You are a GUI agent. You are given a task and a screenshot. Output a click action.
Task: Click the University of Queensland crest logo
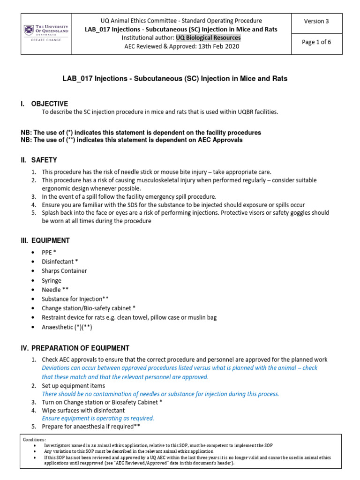click(29, 30)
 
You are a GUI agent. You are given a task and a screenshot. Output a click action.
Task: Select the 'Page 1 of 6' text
click(316, 42)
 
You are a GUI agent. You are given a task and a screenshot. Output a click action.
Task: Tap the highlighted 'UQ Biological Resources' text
click(208, 37)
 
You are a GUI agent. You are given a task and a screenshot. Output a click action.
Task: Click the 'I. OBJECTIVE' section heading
click(45, 104)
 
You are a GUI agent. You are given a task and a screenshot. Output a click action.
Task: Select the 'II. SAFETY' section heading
click(38, 160)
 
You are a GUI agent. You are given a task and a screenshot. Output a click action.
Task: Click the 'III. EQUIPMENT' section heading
click(45, 240)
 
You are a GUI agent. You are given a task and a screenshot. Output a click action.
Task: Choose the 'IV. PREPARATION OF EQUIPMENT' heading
click(75, 348)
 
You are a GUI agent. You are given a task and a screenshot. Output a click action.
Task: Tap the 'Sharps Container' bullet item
click(64, 271)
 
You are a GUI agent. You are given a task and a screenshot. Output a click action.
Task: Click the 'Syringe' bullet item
click(52, 280)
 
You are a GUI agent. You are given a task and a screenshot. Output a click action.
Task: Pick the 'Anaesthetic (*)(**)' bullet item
click(67, 327)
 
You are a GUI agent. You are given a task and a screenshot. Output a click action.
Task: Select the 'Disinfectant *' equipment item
click(60, 262)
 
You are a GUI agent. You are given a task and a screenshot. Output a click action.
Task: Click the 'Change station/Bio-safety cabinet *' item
click(89, 308)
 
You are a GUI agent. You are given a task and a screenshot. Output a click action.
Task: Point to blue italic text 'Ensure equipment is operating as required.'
click(98, 418)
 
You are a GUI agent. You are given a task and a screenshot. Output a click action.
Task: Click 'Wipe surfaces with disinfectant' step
click(83, 410)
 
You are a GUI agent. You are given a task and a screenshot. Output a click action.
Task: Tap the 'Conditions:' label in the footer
click(35, 440)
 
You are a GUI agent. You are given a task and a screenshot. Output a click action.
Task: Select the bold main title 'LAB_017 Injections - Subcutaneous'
click(175, 79)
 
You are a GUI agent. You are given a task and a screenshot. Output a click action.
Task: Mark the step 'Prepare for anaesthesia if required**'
click(91, 427)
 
